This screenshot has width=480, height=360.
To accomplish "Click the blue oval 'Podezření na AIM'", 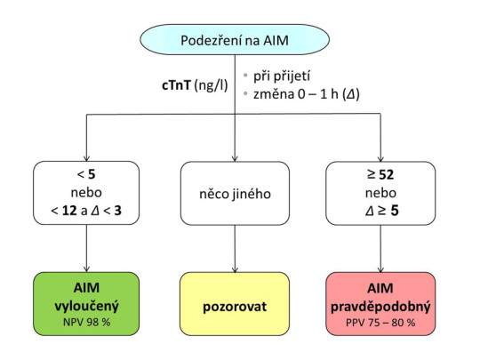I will pyautogui.click(x=235, y=42).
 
